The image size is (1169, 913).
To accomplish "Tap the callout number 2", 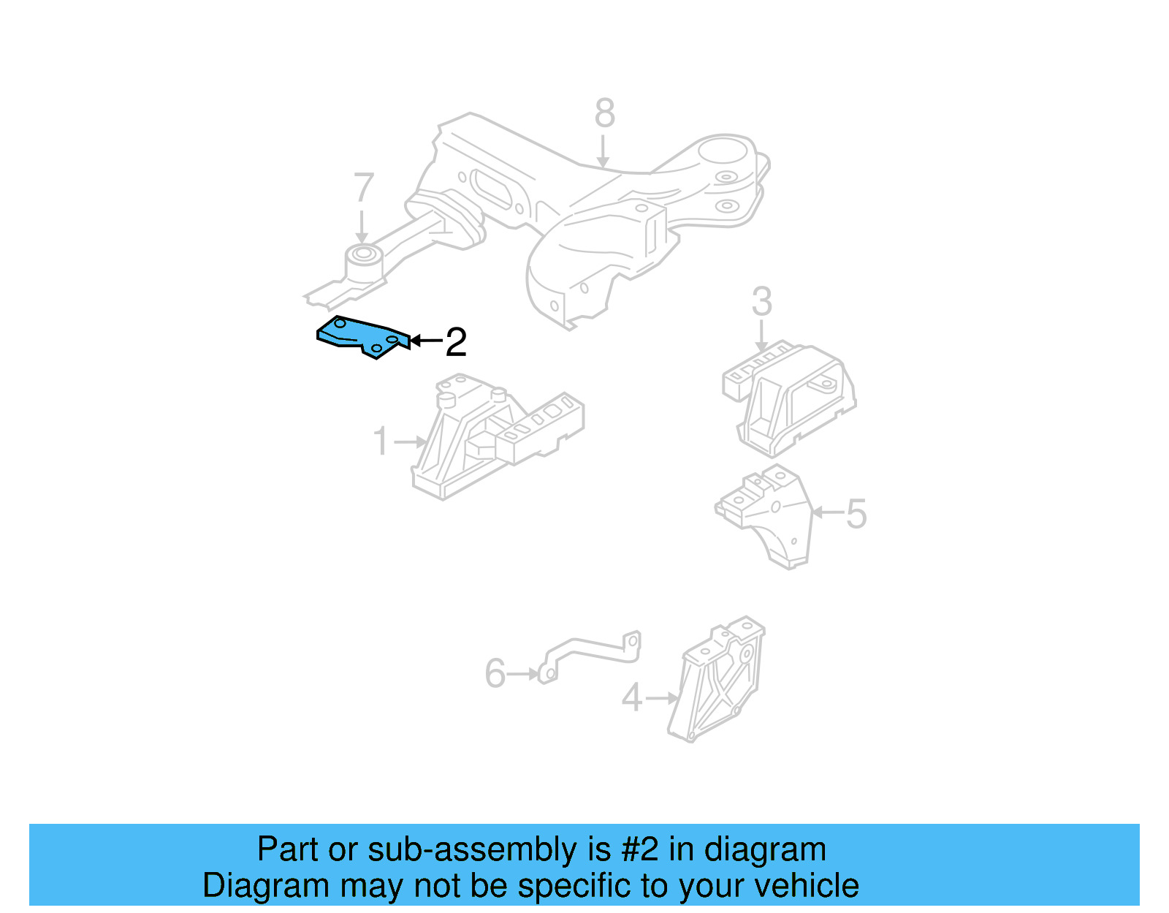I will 455,341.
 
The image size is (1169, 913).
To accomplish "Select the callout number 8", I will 604,114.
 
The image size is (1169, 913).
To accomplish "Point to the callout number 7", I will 363,189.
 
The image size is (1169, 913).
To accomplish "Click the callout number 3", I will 761,302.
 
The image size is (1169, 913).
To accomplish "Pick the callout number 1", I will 381,442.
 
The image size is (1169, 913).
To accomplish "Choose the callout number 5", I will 856,514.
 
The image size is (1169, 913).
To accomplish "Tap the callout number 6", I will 495,673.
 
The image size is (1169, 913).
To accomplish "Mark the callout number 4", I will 631,698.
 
